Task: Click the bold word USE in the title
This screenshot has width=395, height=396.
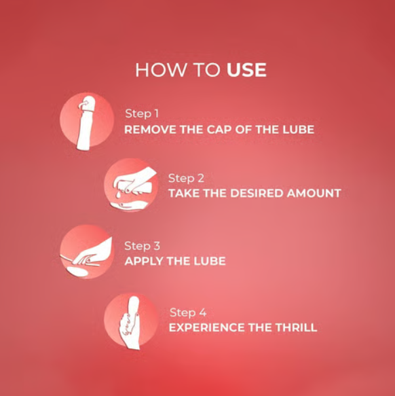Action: (246, 70)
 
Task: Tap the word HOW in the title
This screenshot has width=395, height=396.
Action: (161, 70)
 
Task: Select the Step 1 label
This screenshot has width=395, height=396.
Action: (142, 114)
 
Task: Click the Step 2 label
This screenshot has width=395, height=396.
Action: (186, 179)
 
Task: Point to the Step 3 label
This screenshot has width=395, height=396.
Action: (142, 247)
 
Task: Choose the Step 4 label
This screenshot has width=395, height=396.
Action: (188, 313)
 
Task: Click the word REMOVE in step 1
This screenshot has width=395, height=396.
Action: (150, 130)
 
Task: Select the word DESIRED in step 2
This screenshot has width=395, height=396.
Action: (257, 194)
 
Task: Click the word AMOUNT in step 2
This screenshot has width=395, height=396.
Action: (314, 194)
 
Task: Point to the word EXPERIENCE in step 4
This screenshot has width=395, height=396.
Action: (207, 327)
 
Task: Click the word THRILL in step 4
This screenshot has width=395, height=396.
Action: (296, 327)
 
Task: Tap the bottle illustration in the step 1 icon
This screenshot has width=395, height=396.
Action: (85, 123)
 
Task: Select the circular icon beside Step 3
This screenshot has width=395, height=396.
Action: (86, 252)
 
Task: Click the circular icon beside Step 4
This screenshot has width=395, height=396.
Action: (131, 321)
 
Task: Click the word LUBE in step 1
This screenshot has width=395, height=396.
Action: (298, 130)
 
